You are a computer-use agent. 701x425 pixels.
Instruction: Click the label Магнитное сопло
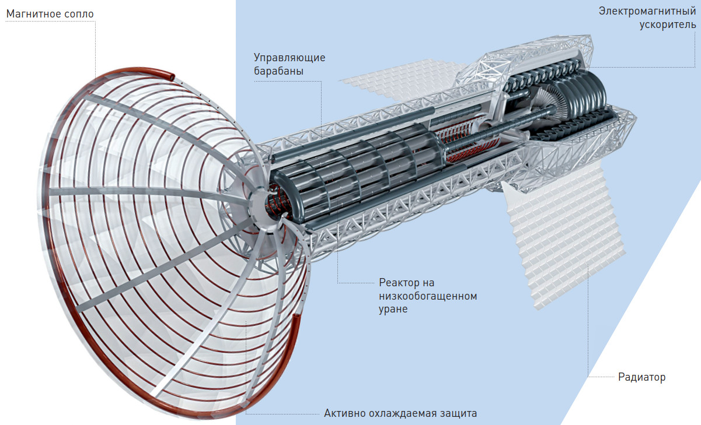tap(50, 13)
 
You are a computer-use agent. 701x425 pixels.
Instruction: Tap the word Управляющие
tap(290, 58)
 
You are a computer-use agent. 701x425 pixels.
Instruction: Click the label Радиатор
tap(641, 377)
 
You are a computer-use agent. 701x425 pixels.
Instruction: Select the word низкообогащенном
tap(428, 296)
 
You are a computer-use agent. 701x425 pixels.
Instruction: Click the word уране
tap(393, 309)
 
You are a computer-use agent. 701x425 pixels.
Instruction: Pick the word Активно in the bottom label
tap(344, 414)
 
